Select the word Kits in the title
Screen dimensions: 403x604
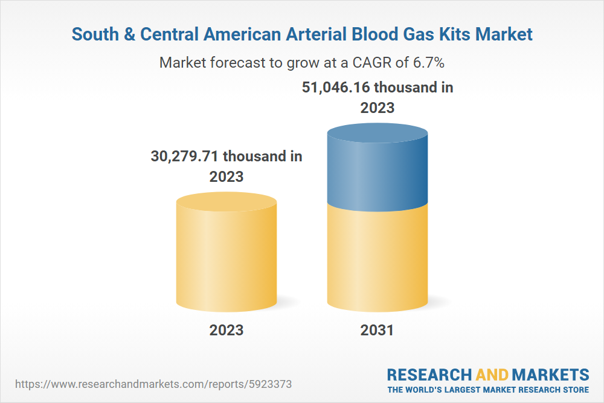(452, 34)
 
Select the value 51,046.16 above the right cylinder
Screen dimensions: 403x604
(336, 88)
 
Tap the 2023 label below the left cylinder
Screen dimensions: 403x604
(226, 330)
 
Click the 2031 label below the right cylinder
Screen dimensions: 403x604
(377, 330)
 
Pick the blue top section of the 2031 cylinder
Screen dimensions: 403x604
(377, 166)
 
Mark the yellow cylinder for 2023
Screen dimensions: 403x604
(226, 254)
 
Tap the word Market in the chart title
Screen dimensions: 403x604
(504, 34)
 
